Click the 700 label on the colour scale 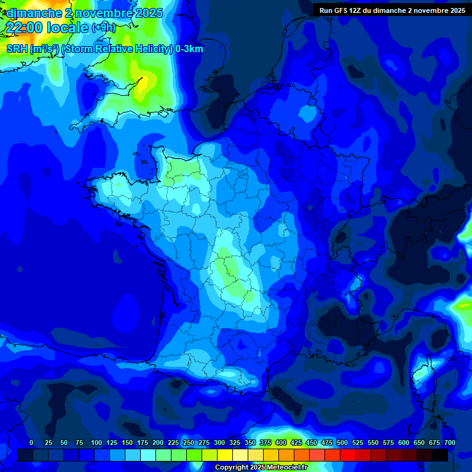[x=449, y=442]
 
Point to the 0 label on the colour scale [x=31, y=442]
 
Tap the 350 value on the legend [x=250, y=442]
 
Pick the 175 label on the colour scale [x=143, y=442]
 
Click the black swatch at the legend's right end [x=440, y=455]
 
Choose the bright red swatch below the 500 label [x=348, y=455]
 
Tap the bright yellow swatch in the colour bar [x=225, y=455]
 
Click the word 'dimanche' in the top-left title [x=31, y=13]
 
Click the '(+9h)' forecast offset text [x=103, y=27]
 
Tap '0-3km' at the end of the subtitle [x=189, y=49]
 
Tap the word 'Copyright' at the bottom [x=232, y=468]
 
